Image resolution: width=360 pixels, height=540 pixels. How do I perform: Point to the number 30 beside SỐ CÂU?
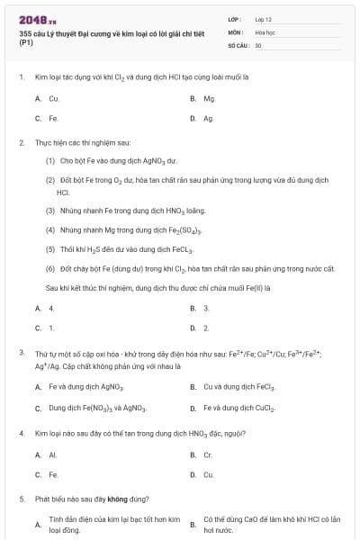[258, 44]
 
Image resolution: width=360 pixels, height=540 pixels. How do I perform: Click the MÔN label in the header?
[235, 31]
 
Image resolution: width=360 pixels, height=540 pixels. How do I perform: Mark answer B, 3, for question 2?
[206, 308]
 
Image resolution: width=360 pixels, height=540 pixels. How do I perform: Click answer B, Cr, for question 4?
[208, 454]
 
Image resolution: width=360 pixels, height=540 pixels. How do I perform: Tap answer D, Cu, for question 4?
[208, 474]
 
